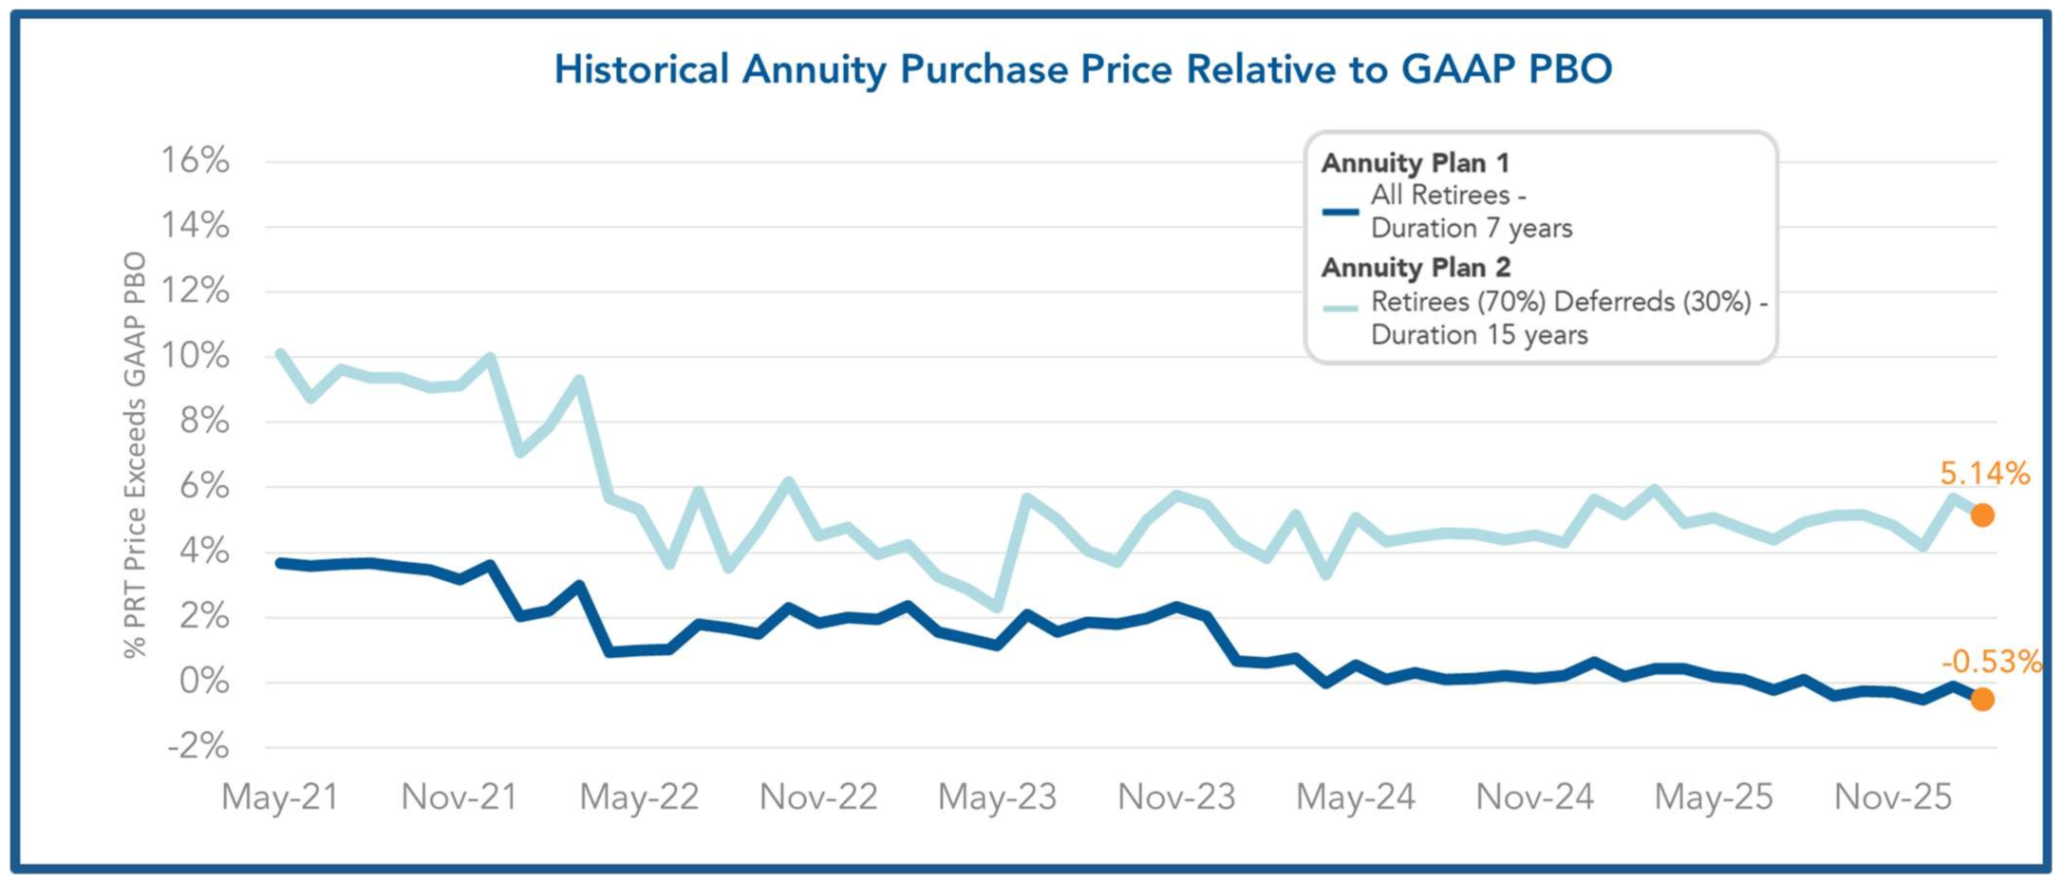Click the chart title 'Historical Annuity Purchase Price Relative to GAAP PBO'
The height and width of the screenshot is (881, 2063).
coord(1082,69)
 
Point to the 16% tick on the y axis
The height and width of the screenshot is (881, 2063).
coord(195,160)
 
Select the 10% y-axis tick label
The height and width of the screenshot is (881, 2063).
coord(195,356)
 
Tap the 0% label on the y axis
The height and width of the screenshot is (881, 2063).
coord(204,682)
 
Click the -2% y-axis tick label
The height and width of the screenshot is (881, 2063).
coord(197,746)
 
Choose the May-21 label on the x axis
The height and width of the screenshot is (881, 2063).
coord(280,797)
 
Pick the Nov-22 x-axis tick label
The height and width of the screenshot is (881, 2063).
coord(818,797)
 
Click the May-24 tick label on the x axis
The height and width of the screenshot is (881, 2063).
coord(1356,797)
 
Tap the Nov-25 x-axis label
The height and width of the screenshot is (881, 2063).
coord(1893,797)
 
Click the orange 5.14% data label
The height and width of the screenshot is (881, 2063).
coord(1985,473)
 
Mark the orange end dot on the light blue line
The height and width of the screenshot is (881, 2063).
coord(1982,515)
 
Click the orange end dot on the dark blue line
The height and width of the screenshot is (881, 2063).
coord(1982,700)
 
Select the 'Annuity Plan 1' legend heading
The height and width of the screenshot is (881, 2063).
coord(1415,163)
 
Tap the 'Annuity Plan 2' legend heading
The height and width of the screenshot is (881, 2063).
coord(1416,268)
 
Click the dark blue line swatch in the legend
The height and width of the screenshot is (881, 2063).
coord(1341,212)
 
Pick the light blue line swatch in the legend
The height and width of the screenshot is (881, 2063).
coord(1341,309)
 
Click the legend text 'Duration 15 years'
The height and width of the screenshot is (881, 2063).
coord(1479,335)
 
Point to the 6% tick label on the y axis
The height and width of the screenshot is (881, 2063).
coord(204,486)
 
